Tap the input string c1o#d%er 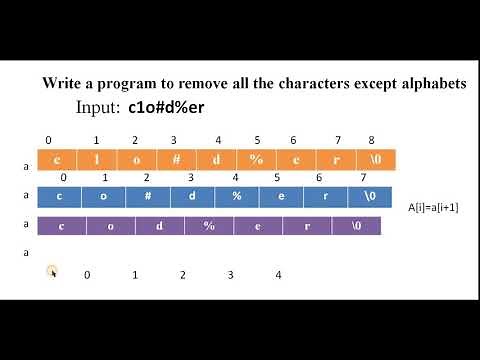click(169, 107)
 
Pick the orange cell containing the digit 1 click(97, 160)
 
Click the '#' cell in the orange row click(175, 160)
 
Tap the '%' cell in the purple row click(210, 226)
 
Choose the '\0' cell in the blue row click(363, 196)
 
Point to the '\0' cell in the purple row click(356, 226)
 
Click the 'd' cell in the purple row click(160, 226)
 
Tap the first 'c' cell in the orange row click(57, 160)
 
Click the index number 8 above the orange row click(372, 141)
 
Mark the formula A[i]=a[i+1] click(433, 206)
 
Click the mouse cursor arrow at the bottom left click(52, 272)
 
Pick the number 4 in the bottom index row click(278, 274)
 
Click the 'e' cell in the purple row click(259, 226)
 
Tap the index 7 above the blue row click(363, 177)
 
